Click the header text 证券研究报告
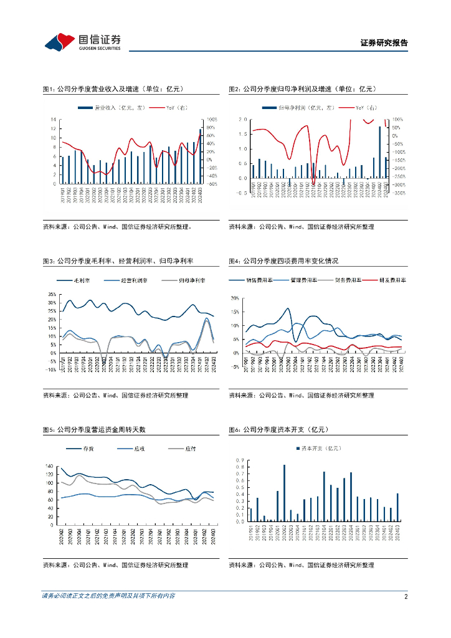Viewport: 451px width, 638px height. click(384, 43)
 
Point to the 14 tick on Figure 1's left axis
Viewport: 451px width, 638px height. click(54, 119)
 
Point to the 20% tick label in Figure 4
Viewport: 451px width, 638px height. click(235, 298)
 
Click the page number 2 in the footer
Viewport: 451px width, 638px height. click(406, 596)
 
